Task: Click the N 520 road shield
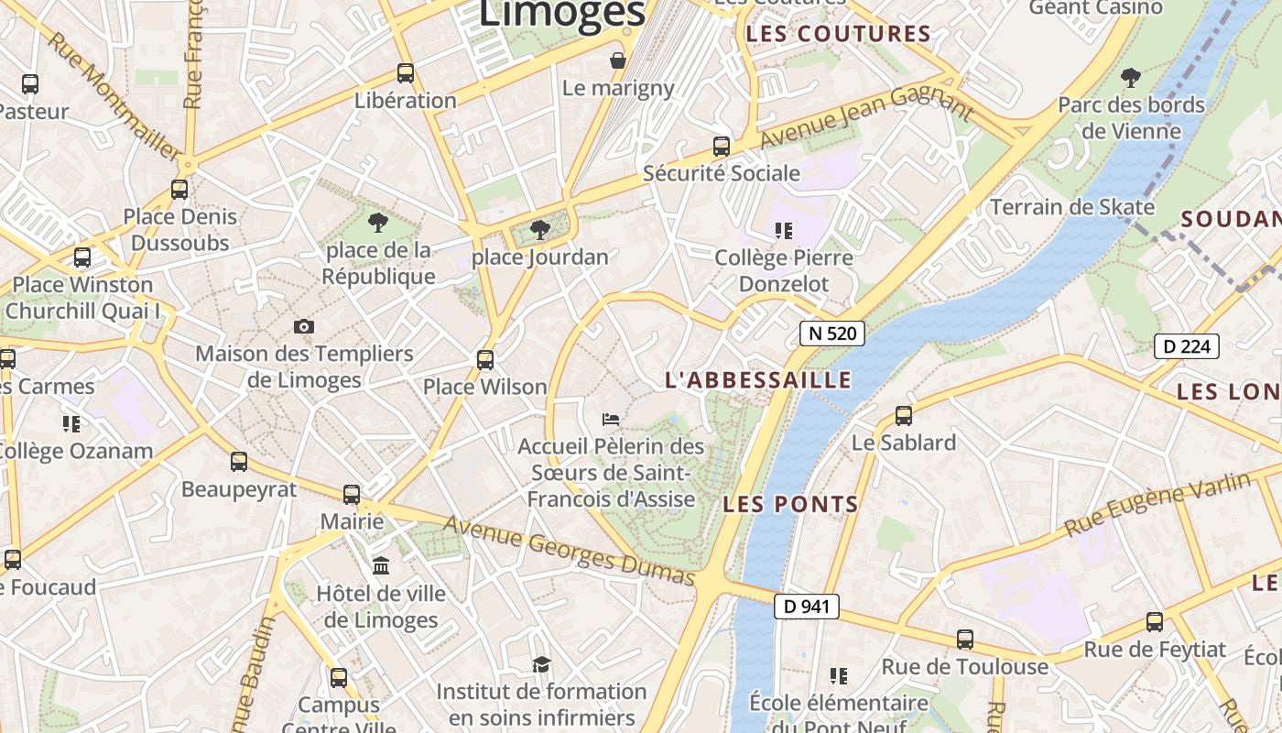click(x=832, y=334)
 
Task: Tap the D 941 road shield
click(x=807, y=606)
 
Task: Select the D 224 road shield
click(x=1187, y=346)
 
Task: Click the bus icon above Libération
click(x=406, y=73)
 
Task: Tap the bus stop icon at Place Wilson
click(x=485, y=360)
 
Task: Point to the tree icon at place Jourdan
click(x=540, y=229)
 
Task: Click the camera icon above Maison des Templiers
click(x=304, y=326)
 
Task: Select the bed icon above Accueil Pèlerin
click(x=611, y=420)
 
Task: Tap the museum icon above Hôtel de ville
click(x=381, y=565)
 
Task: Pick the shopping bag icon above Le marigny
click(x=619, y=61)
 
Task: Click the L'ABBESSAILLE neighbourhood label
click(x=758, y=380)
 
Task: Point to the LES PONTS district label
click(x=790, y=504)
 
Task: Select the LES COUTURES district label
click(x=838, y=35)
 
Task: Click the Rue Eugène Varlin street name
click(x=1157, y=504)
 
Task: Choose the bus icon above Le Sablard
click(x=904, y=416)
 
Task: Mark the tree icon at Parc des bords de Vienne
click(x=1131, y=77)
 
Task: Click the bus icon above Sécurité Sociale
click(x=722, y=147)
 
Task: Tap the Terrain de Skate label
click(x=1072, y=207)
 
